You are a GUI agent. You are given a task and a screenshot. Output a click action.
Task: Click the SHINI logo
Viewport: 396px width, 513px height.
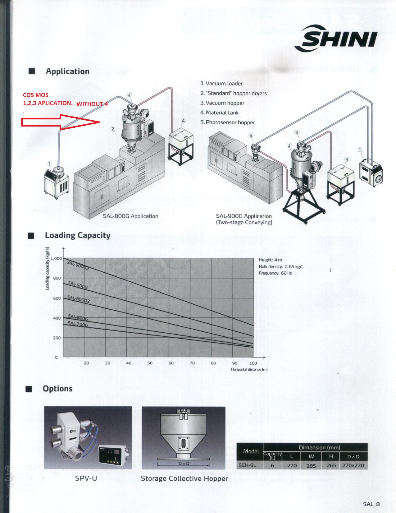click(x=335, y=39)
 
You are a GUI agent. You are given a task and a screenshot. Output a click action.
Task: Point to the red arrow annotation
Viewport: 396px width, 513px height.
click(x=61, y=122)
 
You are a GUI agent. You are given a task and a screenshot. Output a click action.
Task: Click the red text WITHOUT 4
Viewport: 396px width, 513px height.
click(x=92, y=104)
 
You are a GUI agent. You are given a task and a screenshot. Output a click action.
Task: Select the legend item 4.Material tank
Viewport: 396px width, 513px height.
click(x=219, y=113)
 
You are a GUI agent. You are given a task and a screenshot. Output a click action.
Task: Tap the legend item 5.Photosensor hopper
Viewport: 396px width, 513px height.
click(x=228, y=122)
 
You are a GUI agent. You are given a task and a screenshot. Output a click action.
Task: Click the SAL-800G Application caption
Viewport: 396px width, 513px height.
click(x=130, y=216)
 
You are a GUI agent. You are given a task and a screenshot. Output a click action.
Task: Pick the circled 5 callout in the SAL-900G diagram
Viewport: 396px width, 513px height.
click(x=251, y=135)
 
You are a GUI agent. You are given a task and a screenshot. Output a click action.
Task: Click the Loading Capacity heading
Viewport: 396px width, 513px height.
click(x=78, y=235)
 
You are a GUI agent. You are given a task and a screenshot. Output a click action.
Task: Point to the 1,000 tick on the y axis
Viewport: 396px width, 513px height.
click(x=56, y=258)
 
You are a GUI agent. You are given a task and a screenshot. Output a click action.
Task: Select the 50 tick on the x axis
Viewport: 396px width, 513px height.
click(x=150, y=363)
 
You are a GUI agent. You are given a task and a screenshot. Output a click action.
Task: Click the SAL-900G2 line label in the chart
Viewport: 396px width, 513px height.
click(x=78, y=265)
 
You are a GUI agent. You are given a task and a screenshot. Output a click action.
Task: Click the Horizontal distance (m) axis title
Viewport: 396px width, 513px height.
click(x=249, y=369)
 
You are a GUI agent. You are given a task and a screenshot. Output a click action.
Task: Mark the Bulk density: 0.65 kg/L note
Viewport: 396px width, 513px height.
click(x=281, y=266)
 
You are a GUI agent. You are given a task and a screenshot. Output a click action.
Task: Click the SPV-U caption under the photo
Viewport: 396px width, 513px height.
click(x=86, y=478)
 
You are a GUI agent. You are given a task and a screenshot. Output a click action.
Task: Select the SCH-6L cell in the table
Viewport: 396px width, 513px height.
click(x=247, y=465)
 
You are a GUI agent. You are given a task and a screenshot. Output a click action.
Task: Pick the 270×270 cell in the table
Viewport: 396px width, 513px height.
click(x=353, y=465)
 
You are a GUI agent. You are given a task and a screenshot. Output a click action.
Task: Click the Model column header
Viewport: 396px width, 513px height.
click(x=251, y=451)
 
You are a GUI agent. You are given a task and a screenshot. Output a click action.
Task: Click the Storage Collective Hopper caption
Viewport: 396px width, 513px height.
click(x=184, y=478)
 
